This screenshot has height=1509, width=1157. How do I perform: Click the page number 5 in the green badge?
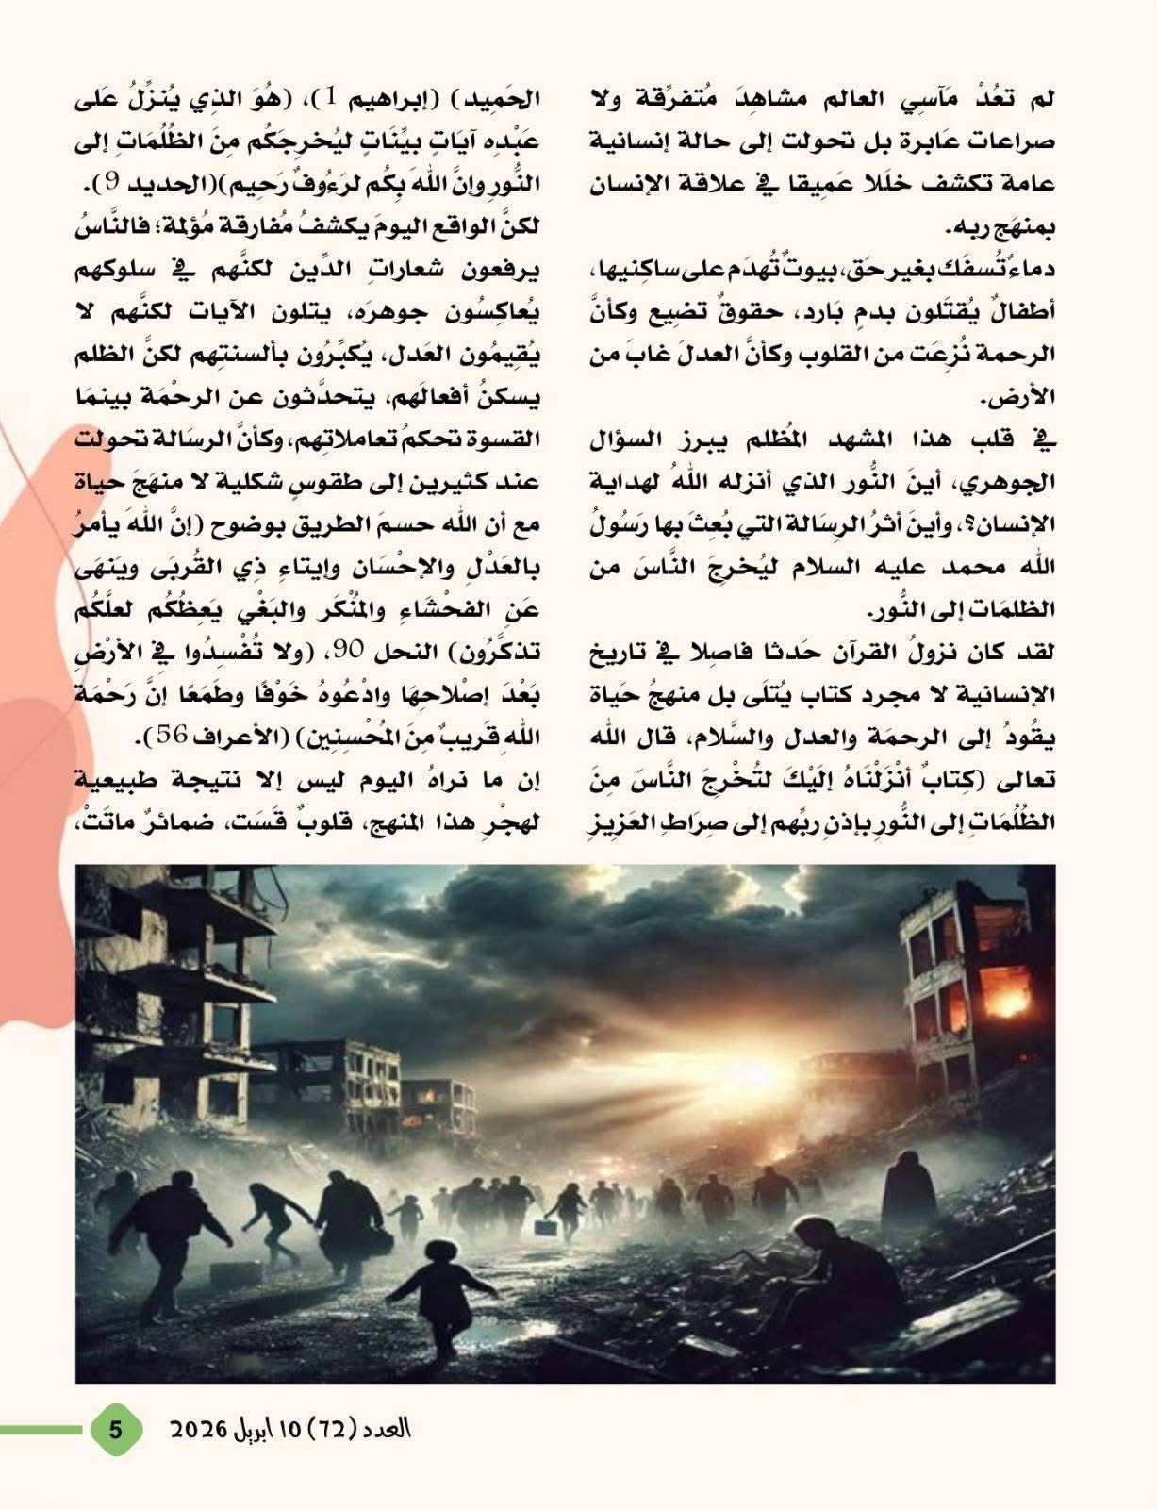116,1429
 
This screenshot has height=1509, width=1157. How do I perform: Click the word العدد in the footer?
387,1429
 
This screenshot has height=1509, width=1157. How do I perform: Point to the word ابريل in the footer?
253,1429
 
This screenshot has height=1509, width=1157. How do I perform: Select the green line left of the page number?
42,1430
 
